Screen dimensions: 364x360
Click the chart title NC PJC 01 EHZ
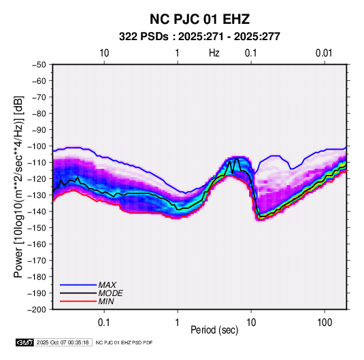[x=199, y=19]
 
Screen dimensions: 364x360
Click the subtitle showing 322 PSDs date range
[x=199, y=37]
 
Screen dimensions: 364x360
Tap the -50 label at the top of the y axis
[x=39, y=65]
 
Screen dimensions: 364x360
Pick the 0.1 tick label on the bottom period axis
[x=104, y=323]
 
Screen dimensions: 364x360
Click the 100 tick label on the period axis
[x=325, y=323]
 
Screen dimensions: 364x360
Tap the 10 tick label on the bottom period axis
[x=251, y=323]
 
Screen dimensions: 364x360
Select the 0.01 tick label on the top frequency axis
[x=324, y=53]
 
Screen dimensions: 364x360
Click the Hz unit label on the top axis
[x=214, y=53]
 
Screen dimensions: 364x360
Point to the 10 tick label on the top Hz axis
[x=104, y=53]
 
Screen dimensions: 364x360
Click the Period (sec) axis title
[x=214, y=330]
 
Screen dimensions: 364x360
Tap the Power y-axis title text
[x=18, y=186]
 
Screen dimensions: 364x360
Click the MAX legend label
[x=107, y=285]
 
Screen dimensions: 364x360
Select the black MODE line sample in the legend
[x=78, y=293]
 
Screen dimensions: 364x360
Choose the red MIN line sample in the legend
[x=78, y=301]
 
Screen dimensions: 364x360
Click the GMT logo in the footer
[x=25, y=342]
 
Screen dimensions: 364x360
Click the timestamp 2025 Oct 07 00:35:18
[x=63, y=342]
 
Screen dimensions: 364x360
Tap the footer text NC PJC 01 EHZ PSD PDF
[x=125, y=342]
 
